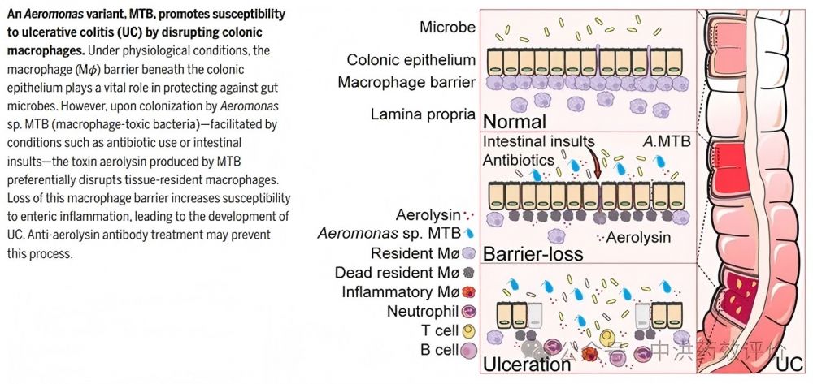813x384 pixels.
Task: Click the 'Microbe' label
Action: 447,28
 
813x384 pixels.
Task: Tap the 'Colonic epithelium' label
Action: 411,60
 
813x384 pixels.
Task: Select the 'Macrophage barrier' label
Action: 406,83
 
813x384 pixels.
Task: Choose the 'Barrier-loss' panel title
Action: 533,253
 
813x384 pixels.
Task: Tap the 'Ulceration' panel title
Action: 527,364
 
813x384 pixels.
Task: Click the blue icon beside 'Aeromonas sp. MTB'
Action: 471,234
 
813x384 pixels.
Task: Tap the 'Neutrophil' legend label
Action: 420,313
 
